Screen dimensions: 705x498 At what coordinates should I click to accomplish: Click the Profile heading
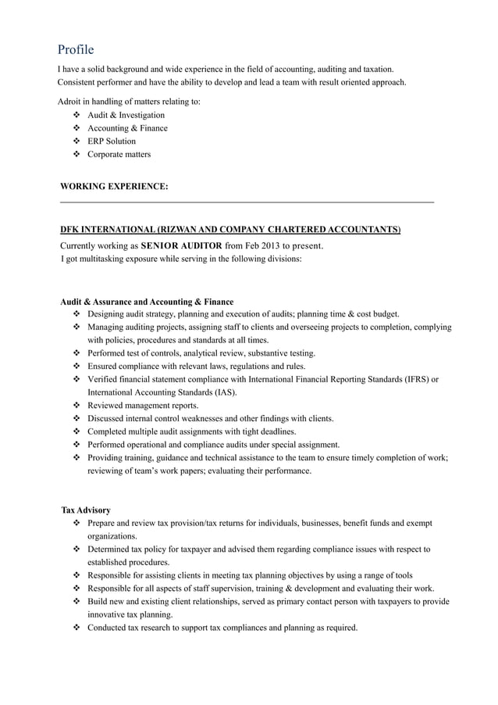tap(75, 50)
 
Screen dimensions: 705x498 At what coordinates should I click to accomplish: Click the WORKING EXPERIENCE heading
tap(114, 187)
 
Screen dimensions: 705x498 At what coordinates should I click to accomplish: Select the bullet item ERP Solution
tap(111, 141)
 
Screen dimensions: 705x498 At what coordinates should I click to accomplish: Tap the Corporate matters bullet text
tap(119, 155)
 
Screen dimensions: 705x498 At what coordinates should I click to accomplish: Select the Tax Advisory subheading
tap(86, 510)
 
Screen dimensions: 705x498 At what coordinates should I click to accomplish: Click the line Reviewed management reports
tap(143, 406)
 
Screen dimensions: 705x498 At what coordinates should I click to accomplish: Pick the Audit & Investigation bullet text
tap(126, 115)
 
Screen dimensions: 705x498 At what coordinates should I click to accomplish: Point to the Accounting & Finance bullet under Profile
tap(127, 128)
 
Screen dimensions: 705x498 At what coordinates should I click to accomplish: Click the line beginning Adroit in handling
tap(129, 101)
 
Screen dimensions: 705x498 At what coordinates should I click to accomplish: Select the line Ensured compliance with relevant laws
tap(196, 366)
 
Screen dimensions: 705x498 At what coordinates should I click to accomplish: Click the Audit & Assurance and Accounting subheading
tap(147, 302)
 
